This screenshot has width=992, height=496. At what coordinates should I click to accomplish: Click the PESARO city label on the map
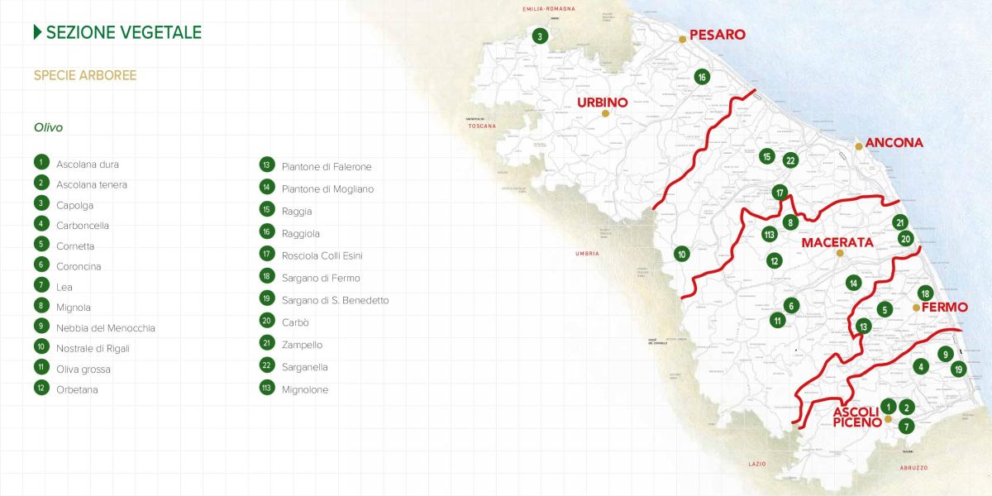pyautogui.click(x=717, y=35)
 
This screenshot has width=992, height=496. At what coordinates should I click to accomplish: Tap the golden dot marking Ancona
pyautogui.click(x=859, y=146)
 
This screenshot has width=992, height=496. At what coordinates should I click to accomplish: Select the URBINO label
pyautogui.click(x=602, y=103)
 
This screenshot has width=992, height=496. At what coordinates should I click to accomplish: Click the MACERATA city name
pyautogui.click(x=837, y=242)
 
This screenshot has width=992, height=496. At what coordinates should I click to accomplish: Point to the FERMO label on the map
pyautogui.click(x=944, y=307)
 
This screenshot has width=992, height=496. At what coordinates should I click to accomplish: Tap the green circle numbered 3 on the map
pyautogui.click(x=540, y=36)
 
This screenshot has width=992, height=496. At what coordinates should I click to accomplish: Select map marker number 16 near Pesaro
pyautogui.click(x=702, y=77)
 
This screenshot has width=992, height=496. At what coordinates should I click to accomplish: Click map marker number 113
pyautogui.click(x=770, y=234)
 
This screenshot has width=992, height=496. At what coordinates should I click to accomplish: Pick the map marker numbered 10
pyautogui.click(x=682, y=254)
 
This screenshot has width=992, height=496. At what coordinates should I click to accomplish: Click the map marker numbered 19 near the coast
pyautogui.click(x=958, y=369)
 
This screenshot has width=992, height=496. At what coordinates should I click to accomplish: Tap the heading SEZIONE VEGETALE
pyautogui.click(x=124, y=32)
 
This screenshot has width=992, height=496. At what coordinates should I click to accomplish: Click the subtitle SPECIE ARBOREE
pyautogui.click(x=85, y=75)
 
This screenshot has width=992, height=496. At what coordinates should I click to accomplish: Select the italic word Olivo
pyautogui.click(x=48, y=128)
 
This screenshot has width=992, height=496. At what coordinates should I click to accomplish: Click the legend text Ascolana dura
pyautogui.click(x=88, y=165)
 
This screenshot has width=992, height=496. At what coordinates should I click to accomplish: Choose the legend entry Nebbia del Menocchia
pyautogui.click(x=106, y=328)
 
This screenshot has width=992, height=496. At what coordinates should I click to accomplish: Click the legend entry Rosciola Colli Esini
pyautogui.click(x=322, y=255)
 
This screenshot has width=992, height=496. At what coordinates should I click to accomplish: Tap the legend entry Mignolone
pyautogui.click(x=304, y=389)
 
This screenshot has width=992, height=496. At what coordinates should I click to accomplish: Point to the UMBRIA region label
pyautogui.click(x=587, y=253)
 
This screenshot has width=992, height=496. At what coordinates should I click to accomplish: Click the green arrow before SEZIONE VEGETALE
pyautogui.click(x=37, y=32)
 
